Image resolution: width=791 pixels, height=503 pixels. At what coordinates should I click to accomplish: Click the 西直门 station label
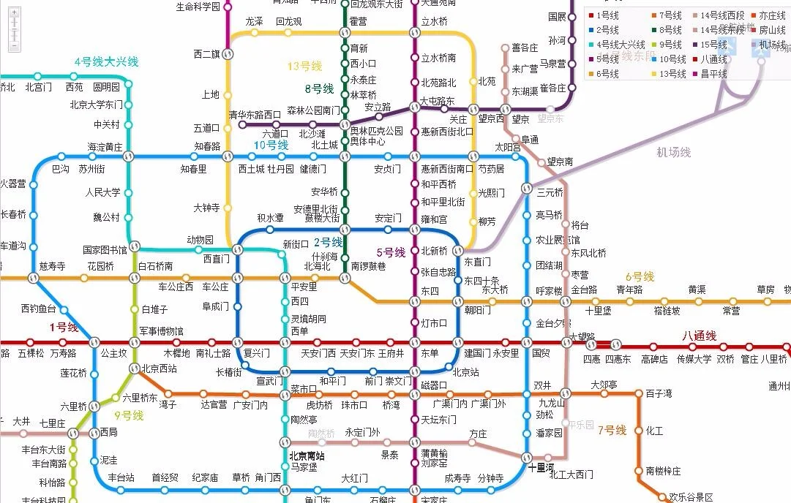(x=216, y=258)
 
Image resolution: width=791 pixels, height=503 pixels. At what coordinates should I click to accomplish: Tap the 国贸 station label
(x=541, y=353)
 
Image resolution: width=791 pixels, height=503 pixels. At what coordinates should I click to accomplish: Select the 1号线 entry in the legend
(x=607, y=15)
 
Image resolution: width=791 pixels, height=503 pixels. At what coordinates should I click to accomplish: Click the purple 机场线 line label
(x=673, y=152)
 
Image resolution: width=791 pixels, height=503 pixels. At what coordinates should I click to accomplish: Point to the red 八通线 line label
(x=699, y=336)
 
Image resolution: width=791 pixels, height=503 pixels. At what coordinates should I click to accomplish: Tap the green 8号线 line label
(x=319, y=89)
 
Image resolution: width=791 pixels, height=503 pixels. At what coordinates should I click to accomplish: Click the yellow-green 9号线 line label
(x=129, y=415)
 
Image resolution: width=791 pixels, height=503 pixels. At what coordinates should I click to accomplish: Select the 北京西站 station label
(x=159, y=368)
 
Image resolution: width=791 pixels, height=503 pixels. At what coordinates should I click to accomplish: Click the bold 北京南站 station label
(x=307, y=455)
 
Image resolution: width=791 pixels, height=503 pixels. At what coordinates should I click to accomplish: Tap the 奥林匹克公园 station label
(x=377, y=132)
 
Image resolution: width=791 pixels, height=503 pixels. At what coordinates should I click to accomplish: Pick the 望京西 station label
(x=491, y=118)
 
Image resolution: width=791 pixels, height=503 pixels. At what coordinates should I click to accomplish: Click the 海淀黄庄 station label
(x=105, y=146)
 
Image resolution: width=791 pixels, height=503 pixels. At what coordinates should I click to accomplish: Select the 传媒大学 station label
(x=694, y=359)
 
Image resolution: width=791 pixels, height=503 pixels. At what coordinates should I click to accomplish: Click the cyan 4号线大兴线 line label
(x=106, y=62)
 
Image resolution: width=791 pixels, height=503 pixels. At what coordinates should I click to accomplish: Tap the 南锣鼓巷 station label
(x=368, y=266)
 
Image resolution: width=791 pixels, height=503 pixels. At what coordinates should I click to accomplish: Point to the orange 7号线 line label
(x=612, y=431)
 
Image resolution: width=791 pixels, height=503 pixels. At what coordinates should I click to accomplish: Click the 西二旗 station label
(x=207, y=53)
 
